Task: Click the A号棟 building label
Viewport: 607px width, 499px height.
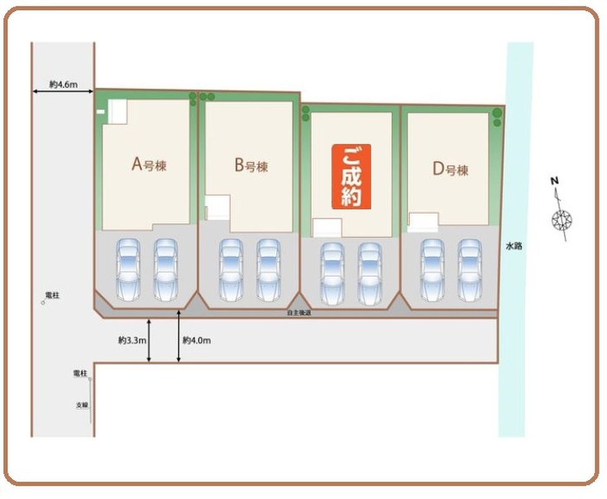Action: (149, 165)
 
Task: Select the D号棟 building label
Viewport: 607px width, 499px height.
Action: (450, 169)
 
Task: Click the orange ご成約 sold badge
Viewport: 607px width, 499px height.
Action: (351, 177)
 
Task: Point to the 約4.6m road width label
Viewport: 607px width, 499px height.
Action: (63, 84)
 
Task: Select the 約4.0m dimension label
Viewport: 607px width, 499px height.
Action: (197, 341)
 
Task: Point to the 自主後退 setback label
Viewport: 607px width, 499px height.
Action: (299, 313)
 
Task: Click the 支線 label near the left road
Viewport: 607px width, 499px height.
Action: (82, 405)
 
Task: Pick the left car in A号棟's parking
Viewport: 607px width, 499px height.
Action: (129, 269)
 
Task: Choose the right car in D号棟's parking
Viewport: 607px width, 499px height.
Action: (470, 269)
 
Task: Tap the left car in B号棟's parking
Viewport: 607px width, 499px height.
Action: (231, 269)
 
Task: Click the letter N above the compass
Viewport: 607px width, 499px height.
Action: (553, 182)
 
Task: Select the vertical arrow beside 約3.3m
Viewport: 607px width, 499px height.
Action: (149, 341)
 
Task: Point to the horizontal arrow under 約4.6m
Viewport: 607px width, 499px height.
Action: (63, 92)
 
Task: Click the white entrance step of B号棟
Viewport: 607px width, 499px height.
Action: (218, 207)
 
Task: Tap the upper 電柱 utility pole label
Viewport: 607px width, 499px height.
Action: (52, 295)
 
